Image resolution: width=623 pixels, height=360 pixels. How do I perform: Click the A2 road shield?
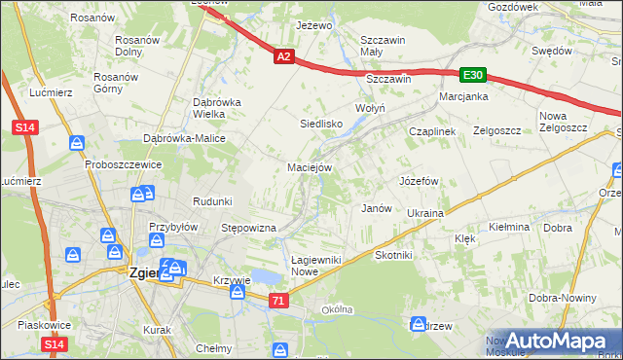(282, 58)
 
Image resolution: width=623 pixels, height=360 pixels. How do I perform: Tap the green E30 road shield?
(473, 75)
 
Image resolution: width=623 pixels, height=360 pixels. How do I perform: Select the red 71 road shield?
(279, 303)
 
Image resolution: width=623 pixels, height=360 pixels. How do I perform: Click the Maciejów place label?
(311, 167)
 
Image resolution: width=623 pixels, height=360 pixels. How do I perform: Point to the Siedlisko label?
(320, 125)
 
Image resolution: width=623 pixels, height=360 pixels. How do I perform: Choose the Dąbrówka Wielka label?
(216, 107)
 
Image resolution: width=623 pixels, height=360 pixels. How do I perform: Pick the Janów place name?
(376, 208)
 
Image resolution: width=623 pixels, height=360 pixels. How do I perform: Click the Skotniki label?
(394, 255)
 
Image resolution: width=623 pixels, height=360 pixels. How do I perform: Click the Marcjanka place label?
(463, 97)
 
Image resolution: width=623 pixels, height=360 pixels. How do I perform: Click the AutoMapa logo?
(555, 341)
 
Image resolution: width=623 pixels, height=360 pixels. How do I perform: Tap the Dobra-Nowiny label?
(562, 299)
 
